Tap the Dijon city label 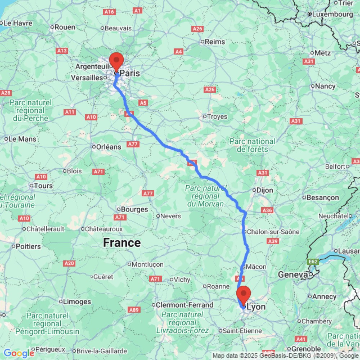tap(265, 190)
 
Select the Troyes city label tap(217, 116)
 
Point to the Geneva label tap(293, 275)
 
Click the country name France tap(122, 243)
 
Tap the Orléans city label tap(108, 147)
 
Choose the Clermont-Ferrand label tap(184, 305)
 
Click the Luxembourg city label tap(333, 14)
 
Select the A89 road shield tap(134, 310)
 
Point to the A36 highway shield tap(267, 210)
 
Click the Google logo tap(18, 353)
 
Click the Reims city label tap(215, 42)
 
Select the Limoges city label tap(77, 301)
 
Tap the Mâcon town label tap(257, 267)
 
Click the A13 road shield tap(62, 51)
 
